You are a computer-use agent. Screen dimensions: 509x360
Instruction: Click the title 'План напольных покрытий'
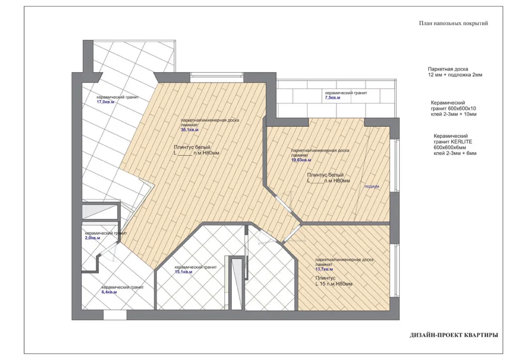coord(453,23)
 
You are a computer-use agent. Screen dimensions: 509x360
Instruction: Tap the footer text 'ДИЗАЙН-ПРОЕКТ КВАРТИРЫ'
coord(453,335)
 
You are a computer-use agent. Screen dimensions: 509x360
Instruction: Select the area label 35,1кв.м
coord(189,130)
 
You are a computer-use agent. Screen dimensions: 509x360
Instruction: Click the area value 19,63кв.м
coord(301,160)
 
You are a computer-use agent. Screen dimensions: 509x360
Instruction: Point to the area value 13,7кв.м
coord(324,269)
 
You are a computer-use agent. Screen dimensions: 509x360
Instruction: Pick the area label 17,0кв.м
coord(105,102)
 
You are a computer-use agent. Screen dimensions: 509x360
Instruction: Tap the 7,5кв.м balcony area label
coord(333,98)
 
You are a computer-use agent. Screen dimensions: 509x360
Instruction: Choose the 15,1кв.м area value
coord(183,272)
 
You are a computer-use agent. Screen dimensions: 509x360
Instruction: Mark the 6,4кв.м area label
coord(109,292)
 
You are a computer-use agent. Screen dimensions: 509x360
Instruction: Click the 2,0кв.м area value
coord(92,238)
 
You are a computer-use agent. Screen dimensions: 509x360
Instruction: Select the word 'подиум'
coord(372,186)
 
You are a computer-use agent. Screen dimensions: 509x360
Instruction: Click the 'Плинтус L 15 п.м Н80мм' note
coord(334,281)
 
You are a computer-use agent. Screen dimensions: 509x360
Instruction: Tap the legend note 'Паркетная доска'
coord(448,69)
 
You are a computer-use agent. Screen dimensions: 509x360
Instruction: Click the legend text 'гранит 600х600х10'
coord(453,108)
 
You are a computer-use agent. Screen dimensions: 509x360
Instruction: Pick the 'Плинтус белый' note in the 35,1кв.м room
coord(192,147)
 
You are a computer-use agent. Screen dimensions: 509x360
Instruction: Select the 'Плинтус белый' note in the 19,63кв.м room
coord(325,175)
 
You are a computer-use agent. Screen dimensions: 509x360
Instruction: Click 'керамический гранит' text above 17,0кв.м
coord(117,97)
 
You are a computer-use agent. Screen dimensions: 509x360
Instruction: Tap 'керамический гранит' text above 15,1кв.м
coord(195,267)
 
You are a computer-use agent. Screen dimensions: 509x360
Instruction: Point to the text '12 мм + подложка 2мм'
coord(455,75)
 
